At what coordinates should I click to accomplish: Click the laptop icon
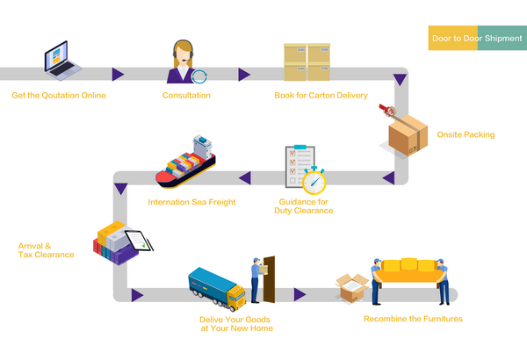[x=64, y=61]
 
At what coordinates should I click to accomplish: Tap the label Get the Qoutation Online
[x=59, y=95]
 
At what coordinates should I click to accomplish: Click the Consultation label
[x=186, y=95]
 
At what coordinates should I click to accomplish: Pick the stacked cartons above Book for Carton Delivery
[x=307, y=62]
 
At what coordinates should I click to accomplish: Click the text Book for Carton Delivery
[x=321, y=95]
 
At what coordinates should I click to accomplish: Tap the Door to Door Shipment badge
[x=476, y=39]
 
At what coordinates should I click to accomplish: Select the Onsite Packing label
[x=466, y=134]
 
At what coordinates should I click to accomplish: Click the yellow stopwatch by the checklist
[x=314, y=181]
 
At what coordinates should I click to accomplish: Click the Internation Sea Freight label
[x=191, y=202]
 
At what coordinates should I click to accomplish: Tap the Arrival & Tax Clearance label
[x=47, y=250]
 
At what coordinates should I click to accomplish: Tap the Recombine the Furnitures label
[x=413, y=318]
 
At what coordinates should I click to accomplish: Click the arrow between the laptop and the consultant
[x=118, y=74]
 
